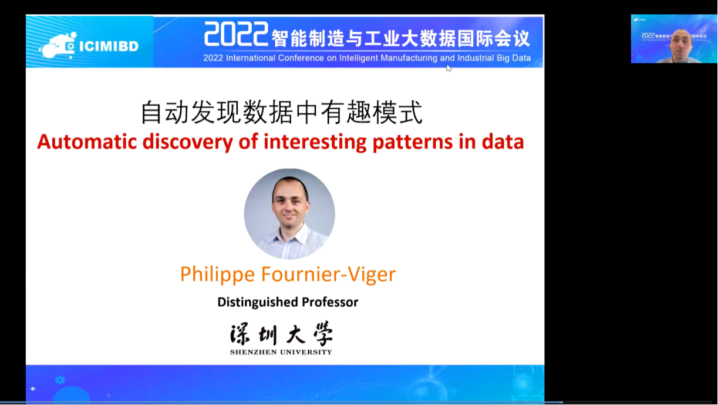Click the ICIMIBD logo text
click(x=109, y=46)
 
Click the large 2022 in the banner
click(x=236, y=34)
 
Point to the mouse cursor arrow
click(x=449, y=68)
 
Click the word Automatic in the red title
click(x=87, y=142)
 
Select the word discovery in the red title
click(x=187, y=142)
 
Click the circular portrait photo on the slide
click(x=289, y=214)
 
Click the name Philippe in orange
click(x=217, y=275)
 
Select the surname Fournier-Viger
click(x=329, y=275)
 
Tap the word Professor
click(x=330, y=302)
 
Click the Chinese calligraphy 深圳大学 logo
click(x=281, y=334)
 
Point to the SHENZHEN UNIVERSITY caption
click(x=281, y=352)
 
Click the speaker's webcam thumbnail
click(x=674, y=39)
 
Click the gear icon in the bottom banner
click(x=60, y=380)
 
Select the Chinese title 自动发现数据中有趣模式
click(x=282, y=112)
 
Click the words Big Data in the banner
click(x=514, y=58)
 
